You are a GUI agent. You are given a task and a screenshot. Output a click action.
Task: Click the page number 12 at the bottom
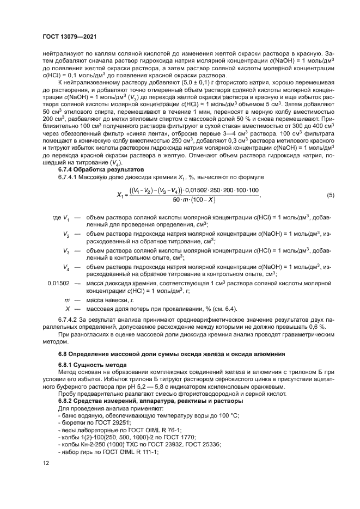click(x=46, y=463)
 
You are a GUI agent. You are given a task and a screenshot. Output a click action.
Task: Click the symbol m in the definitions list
click(x=67, y=299)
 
